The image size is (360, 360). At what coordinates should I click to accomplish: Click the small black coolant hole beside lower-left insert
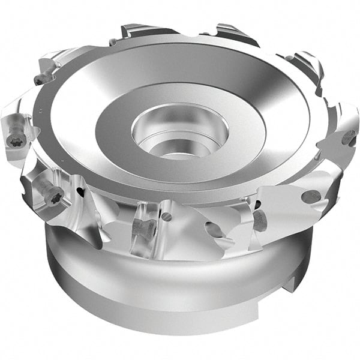(x=80, y=193)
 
